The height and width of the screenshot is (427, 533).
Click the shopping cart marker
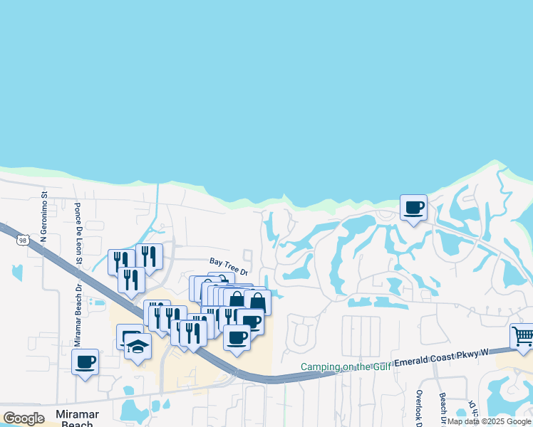tap(523, 336)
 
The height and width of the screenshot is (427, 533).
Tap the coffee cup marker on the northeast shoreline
tap(413, 208)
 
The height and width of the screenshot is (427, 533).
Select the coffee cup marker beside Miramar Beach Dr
tap(85, 362)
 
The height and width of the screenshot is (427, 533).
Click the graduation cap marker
tap(138, 347)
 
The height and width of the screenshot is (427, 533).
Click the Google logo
tap(24, 418)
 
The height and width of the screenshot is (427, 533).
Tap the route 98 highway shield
tap(24, 241)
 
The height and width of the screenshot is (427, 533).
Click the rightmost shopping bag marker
tap(257, 302)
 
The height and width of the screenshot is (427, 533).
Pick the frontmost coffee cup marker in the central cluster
tap(237, 337)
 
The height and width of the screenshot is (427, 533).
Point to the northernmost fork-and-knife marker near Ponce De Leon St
tap(149, 256)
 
